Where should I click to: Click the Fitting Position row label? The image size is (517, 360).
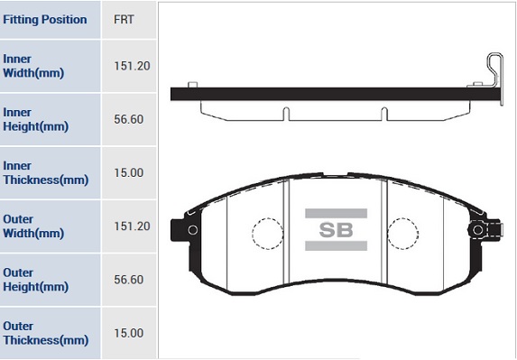[x=45, y=20]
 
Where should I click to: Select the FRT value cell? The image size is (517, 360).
[x=124, y=20]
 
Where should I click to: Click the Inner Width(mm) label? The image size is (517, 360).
[x=33, y=66]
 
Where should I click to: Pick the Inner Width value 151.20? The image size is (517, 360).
[x=132, y=66]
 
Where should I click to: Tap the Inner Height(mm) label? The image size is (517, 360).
[x=35, y=119]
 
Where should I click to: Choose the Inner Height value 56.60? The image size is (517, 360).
[x=129, y=119]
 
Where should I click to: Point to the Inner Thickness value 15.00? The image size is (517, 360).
[x=129, y=172]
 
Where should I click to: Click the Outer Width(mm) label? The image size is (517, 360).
[x=33, y=226]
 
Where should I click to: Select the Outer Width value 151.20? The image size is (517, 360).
[x=132, y=226]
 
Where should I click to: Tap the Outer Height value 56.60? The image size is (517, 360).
[x=129, y=280]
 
